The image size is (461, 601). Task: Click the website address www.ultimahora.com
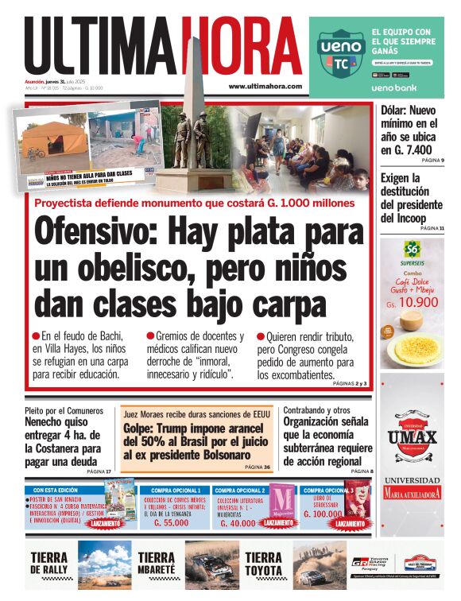tap(265, 86)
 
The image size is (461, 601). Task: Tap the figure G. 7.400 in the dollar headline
tap(406, 149)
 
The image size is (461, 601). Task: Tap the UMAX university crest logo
tap(412, 434)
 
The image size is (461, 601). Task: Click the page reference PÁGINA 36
tap(258, 467)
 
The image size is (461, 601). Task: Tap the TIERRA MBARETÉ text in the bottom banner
tap(157, 564)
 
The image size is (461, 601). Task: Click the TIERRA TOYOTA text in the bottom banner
tap(264, 564)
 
